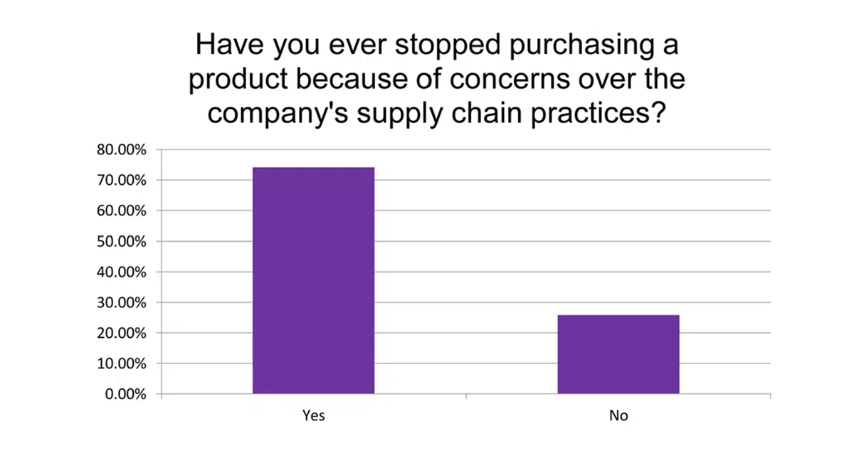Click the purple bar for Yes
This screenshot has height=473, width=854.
tap(313, 280)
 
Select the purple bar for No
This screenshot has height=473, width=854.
tap(618, 354)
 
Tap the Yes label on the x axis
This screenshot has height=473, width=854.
tap(313, 416)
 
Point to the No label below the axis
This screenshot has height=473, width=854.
tap(618, 416)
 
